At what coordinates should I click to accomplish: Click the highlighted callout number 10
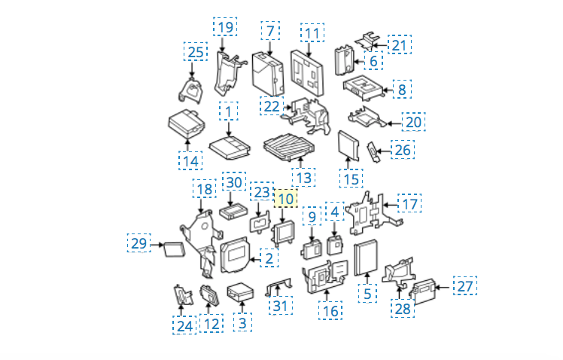click(x=286, y=199)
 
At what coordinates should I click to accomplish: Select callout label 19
click(x=225, y=27)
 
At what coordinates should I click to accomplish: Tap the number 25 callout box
click(x=196, y=52)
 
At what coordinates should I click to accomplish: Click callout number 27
click(x=465, y=286)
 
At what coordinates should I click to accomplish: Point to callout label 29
click(x=139, y=243)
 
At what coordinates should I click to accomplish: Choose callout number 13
click(x=304, y=178)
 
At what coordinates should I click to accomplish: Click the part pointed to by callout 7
click(x=268, y=75)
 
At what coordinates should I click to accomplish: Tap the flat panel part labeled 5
click(x=366, y=258)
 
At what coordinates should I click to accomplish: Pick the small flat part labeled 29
click(x=175, y=250)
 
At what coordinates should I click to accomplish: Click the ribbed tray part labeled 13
click(x=289, y=147)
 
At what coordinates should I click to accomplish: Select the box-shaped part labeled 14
click(x=187, y=124)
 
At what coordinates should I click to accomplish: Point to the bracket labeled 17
click(x=372, y=215)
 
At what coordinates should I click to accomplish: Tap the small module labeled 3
click(x=240, y=292)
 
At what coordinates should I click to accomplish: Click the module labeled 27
click(x=423, y=291)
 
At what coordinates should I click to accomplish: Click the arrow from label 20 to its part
click(x=394, y=124)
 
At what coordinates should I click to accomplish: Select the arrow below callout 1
click(x=229, y=129)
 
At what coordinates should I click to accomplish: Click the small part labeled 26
click(x=373, y=152)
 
